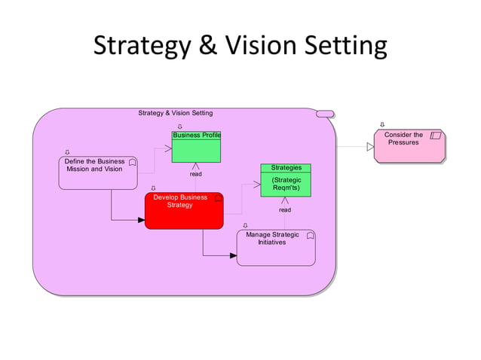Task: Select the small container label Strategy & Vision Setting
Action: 175,113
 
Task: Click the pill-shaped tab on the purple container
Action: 325,114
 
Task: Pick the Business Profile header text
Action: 196,136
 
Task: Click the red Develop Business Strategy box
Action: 184,210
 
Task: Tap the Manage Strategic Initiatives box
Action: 276,248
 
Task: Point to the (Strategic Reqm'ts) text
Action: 286,185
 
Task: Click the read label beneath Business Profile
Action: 195,174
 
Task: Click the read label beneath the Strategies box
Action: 285,210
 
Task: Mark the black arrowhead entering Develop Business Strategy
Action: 140,221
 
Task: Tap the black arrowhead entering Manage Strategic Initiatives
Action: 232,256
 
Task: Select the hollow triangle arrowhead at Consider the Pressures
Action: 370,147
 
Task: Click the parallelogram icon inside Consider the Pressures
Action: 435,136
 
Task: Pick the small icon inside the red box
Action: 218,198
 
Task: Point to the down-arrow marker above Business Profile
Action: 179,126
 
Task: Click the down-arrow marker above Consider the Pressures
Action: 383,125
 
